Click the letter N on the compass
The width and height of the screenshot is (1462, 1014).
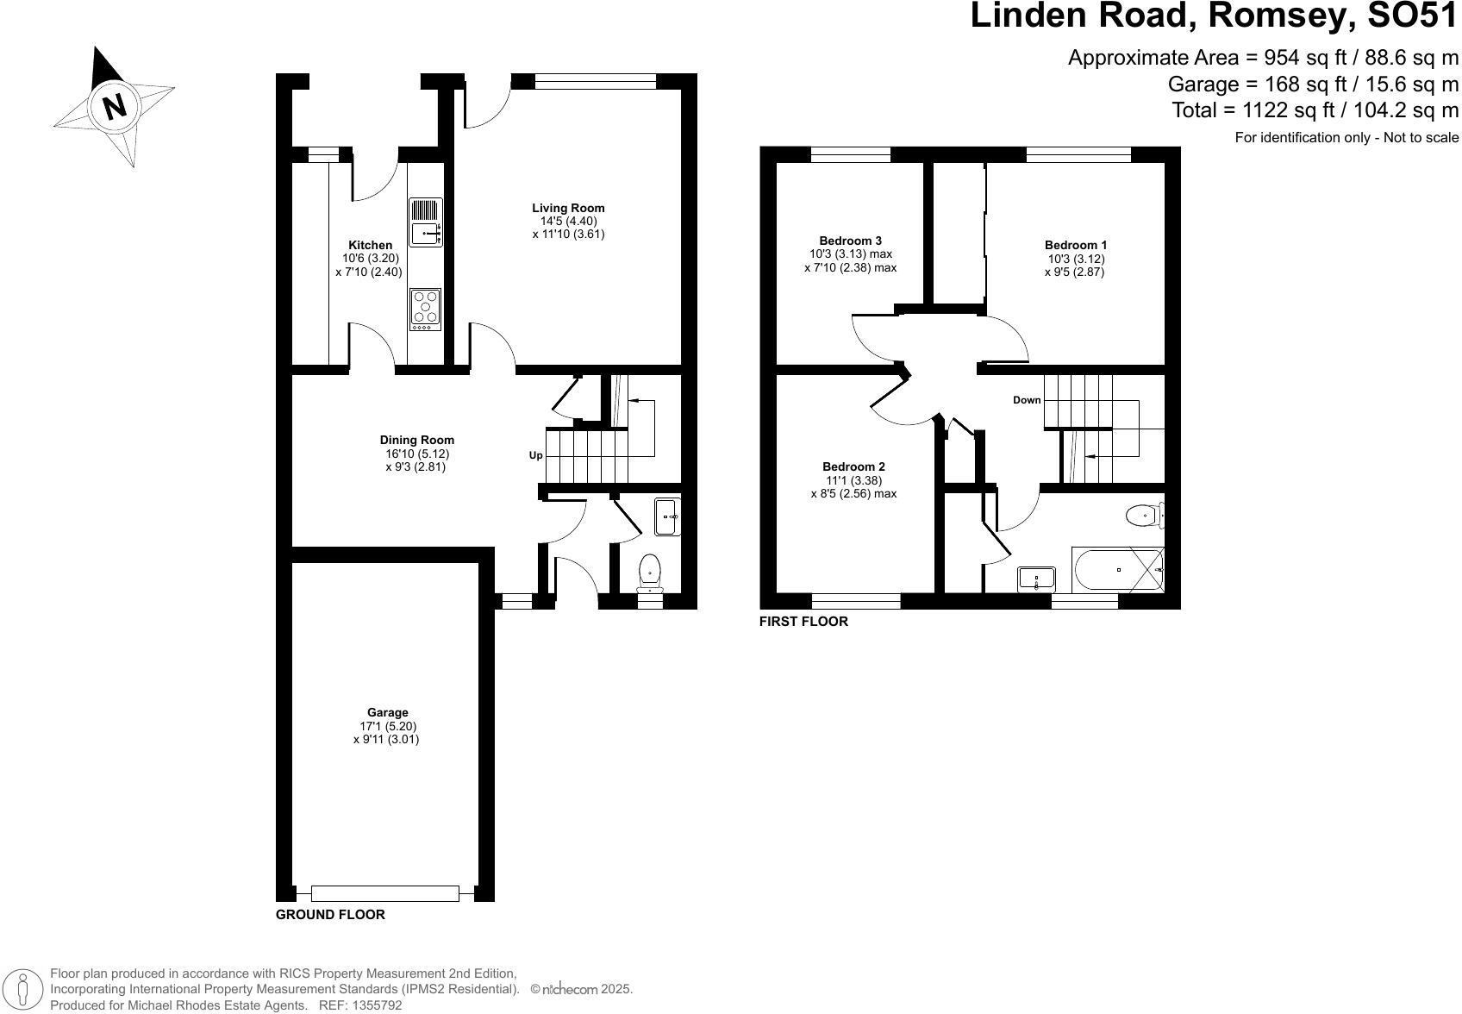click(x=115, y=106)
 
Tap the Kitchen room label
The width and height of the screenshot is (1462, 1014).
click(x=370, y=245)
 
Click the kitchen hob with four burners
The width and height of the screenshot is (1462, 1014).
click(x=425, y=309)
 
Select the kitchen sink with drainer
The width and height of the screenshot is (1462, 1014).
click(x=426, y=222)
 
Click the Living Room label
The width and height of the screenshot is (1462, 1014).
click(x=568, y=208)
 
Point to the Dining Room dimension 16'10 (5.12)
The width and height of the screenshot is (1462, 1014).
click(x=417, y=454)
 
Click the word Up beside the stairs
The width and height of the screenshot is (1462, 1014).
click(x=535, y=455)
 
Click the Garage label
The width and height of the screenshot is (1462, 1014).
click(x=387, y=712)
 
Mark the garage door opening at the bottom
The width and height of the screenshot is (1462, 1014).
click(x=384, y=894)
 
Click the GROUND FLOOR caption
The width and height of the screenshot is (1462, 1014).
click(x=330, y=915)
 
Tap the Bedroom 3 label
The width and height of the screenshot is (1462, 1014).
click(x=850, y=241)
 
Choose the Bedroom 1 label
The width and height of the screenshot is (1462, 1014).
click(x=1075, y=245)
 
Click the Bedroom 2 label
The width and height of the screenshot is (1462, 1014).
click(x=853, y=466)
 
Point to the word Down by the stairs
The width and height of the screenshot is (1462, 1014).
click(x=1027, y=400)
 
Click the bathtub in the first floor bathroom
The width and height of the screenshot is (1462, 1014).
click(x=1116, y=570)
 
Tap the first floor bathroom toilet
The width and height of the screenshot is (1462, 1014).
click(x=1145, y=516)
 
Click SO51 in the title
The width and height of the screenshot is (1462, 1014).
click(x=1406, y=16)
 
